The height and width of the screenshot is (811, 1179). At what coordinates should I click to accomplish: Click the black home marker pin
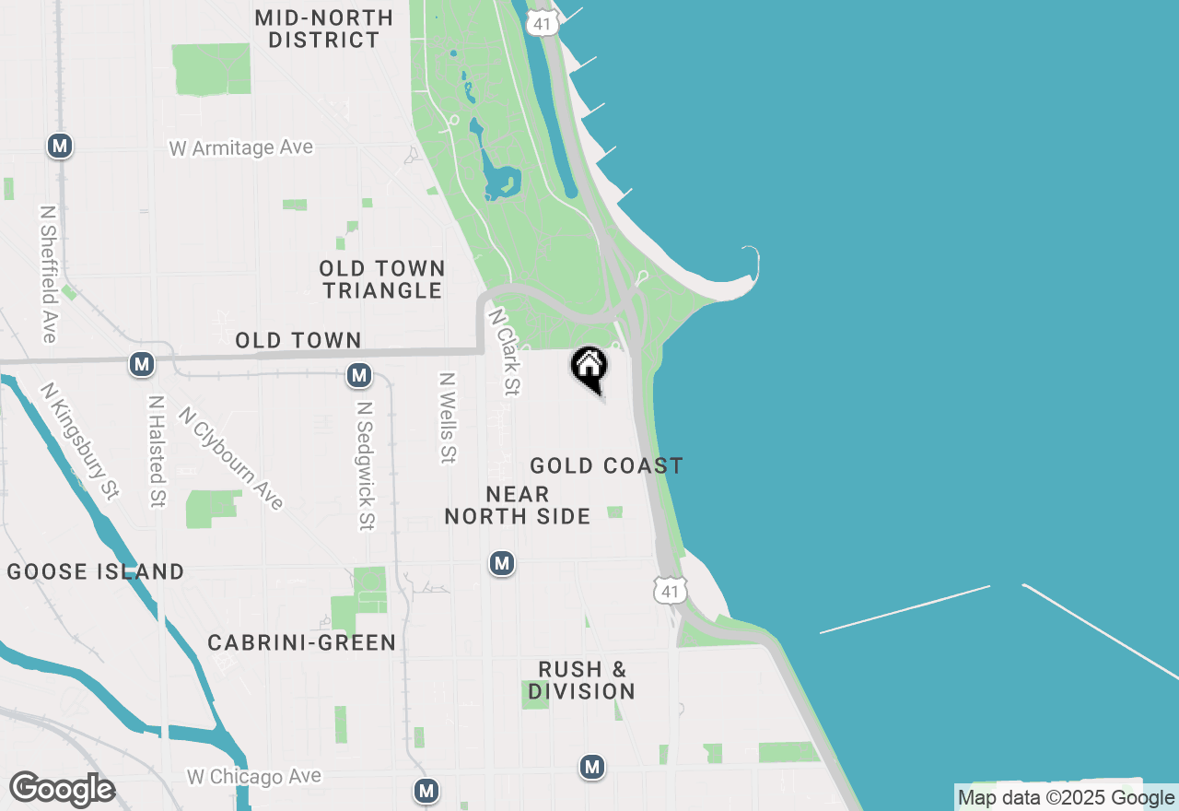[x=589, y=368]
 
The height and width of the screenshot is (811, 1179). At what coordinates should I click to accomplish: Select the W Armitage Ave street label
[x=240, y=147]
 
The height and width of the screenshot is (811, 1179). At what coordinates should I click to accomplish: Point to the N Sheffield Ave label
[x=49, y=273]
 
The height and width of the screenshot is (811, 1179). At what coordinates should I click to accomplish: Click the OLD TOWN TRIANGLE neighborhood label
[x=382, y=279]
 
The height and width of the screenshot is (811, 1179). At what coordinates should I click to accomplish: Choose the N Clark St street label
[x=505, y=352]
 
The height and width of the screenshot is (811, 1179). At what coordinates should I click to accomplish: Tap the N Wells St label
[x=449, y=417]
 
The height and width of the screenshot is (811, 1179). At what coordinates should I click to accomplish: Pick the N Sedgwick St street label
[x=366, y=465]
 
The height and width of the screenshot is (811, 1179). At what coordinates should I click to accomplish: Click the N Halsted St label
[x=157, y=452]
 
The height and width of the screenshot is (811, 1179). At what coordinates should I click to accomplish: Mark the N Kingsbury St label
[x=80, y=441]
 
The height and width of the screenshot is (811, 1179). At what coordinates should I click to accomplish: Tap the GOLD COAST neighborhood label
[x=606, y=465]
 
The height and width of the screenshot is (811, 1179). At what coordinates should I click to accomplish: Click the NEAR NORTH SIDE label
[x=518, y=505]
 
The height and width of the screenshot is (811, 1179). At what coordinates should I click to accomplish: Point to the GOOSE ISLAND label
[x=96, y=571]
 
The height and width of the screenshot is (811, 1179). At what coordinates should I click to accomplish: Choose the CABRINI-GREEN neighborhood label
[x=301, y=642]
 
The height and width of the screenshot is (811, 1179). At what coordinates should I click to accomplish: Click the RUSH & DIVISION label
[x=582, y=680]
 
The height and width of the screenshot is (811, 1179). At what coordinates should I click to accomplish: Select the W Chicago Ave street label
[x=254, y=777]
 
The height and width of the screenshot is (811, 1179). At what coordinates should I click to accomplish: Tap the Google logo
[x=62, y=790]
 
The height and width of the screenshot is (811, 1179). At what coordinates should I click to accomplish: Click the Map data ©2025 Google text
[x=1066, y=798]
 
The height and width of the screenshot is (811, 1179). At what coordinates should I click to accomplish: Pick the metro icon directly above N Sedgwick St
[x=359, y=375]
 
